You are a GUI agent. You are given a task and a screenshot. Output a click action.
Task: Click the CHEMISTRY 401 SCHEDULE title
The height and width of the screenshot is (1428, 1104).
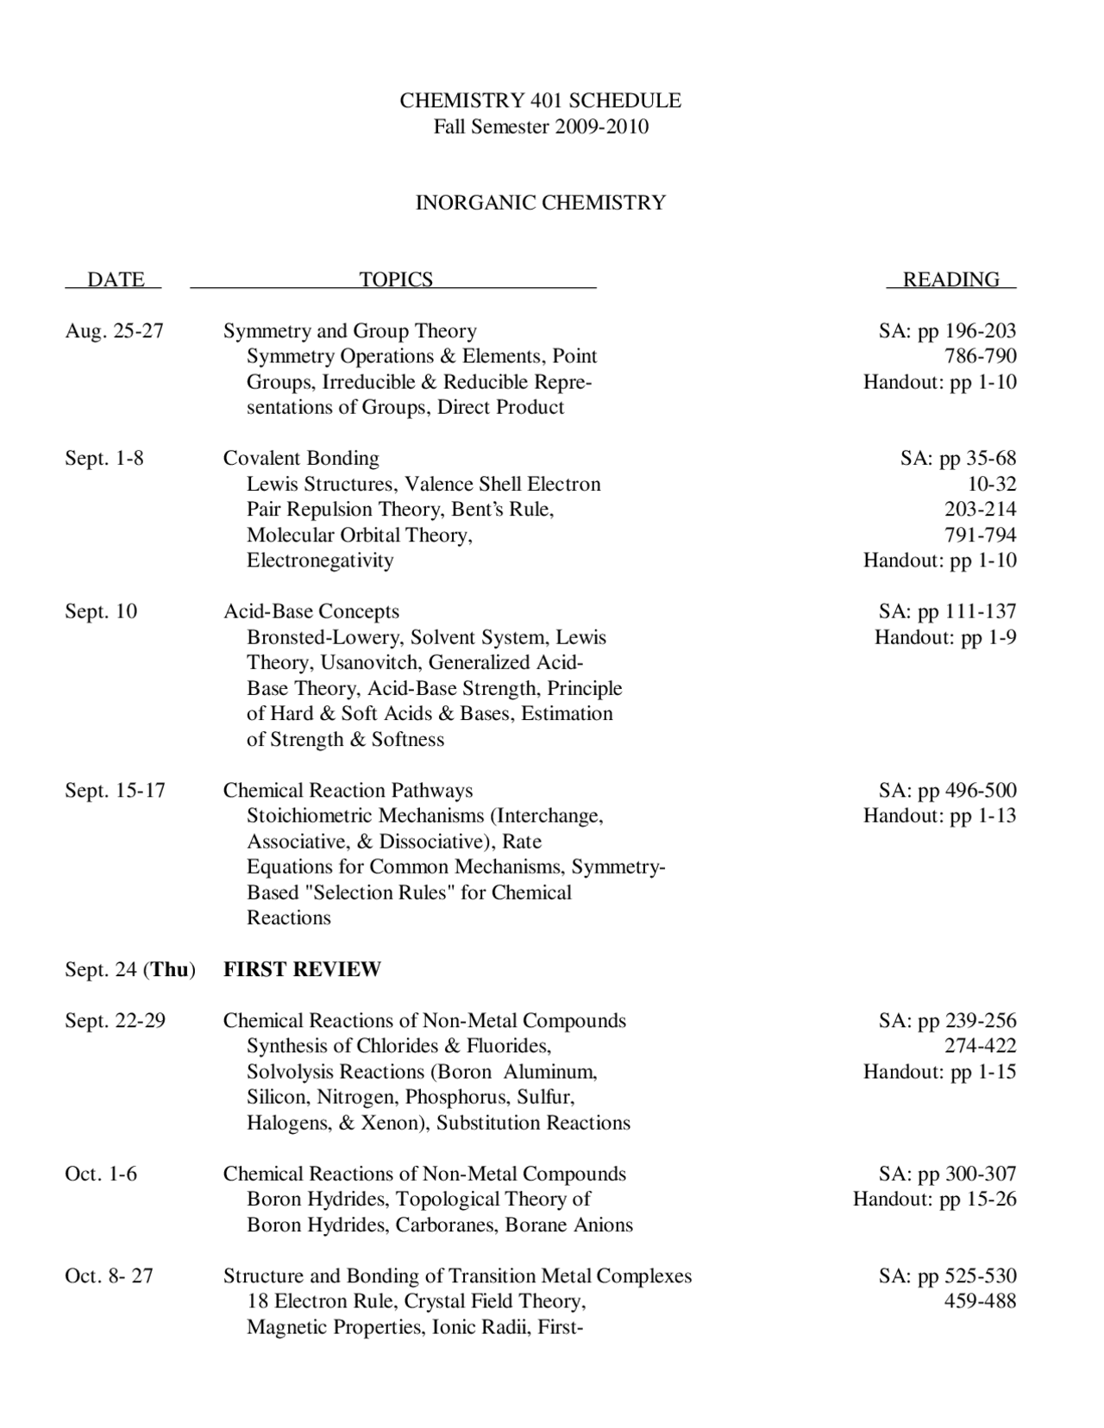click(x=540, y=101)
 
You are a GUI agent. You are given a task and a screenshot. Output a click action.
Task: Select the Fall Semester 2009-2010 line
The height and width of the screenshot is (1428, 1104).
click(x=540, y=127)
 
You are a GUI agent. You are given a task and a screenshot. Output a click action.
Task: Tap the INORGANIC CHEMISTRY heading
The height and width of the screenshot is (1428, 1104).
click(x=540, y=203)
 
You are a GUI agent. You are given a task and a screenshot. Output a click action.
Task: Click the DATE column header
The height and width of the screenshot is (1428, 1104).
click(x=116, y=279)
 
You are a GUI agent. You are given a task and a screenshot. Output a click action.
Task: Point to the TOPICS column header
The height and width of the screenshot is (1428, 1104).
click(x=395, y=279)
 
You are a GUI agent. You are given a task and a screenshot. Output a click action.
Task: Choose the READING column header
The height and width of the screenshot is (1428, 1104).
click(x=950, y=279)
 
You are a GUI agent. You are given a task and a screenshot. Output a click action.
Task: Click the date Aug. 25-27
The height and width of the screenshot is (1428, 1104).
click(x=114, y=331)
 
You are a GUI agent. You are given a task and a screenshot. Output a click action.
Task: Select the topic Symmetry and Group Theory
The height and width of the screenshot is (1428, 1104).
click(x=349, y=331)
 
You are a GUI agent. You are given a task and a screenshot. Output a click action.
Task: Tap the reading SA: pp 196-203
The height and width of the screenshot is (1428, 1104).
click(x=947, y=331)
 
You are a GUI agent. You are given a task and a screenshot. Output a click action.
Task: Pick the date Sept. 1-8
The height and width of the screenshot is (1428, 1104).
click(x=104, y=458)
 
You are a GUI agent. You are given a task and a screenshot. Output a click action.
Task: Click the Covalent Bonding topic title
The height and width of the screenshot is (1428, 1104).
click(x=301, y=458)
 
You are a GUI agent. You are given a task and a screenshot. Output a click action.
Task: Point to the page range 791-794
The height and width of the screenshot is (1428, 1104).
click(x=980, y=535)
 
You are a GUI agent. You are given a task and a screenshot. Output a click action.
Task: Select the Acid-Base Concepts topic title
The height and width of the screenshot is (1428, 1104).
click(x=311, y=611)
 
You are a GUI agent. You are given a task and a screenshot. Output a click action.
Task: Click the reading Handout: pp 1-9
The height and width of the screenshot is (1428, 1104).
click(x=945, y=637)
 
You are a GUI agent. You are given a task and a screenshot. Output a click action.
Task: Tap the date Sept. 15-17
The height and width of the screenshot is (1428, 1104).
click(x=115, y=790)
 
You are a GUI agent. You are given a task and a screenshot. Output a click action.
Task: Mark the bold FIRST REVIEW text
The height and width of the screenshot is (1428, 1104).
click(x=302, y=969)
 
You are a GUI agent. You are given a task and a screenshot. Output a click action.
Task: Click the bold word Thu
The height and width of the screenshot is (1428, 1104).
click(x=170, y=969)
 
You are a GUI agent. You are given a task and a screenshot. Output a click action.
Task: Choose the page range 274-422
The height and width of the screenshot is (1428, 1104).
click(x=980, y=1046)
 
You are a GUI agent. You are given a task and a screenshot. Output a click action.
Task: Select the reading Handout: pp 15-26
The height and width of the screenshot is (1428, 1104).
click(x=935, y=1199)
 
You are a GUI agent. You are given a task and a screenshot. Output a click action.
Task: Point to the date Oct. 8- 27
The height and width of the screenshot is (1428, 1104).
click(x=109, y=1275)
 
